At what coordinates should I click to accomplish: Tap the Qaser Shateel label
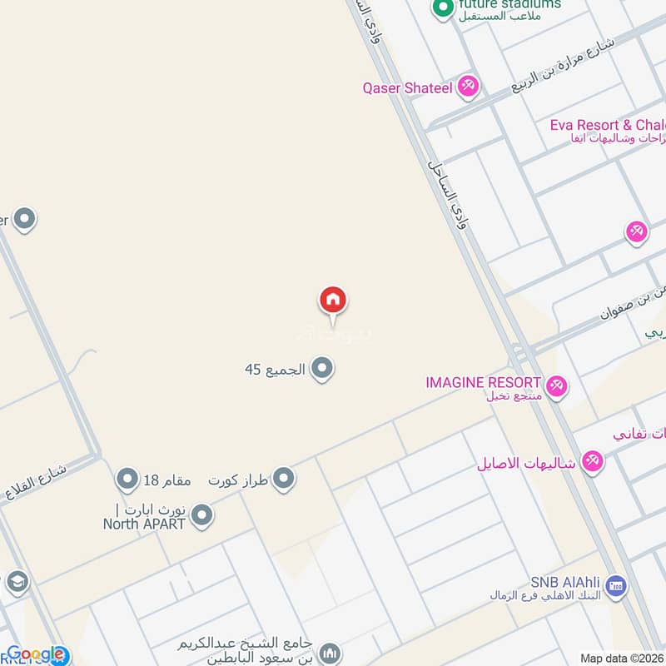[x=407, y=87]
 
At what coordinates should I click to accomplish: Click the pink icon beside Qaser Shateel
[x=468, y=86]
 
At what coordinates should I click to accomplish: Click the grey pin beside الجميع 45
[x=322, y=368]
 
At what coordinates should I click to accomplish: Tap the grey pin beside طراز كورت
[x=285, y=480]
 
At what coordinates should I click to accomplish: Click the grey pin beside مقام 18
[x=127, y=480]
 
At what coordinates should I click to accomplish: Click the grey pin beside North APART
[x=201, y=517]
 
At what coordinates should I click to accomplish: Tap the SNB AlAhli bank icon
[x=616, y=587]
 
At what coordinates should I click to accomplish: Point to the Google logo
[x=35, y=654]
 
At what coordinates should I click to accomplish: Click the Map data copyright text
[x=621, y=658]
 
